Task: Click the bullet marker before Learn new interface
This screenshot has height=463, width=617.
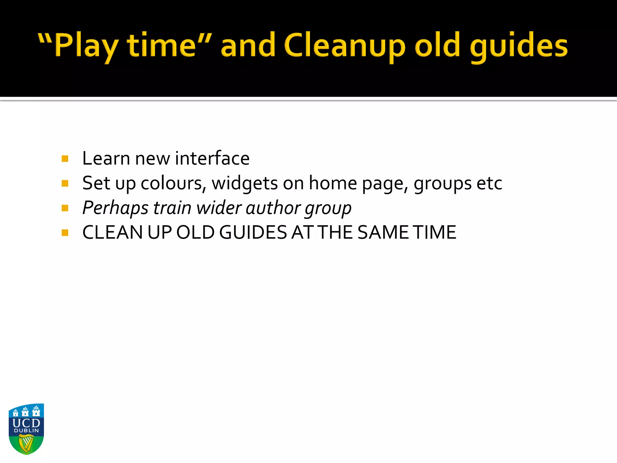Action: [x=65, y=159]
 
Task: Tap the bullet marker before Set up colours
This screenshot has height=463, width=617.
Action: [x=65, y=183]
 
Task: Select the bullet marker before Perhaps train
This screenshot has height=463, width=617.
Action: [x=65, y=208]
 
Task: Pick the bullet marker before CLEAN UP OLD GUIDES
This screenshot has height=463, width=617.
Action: [x=65, y=232]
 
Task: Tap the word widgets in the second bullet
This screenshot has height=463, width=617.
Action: [x=245, y=183]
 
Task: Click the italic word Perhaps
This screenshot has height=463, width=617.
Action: [x=115, y=208]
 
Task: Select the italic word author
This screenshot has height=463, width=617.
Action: [x=273, y=208]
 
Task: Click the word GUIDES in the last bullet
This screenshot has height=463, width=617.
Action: [x=253, y=232]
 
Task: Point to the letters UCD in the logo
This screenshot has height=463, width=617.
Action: [x=26, y=423]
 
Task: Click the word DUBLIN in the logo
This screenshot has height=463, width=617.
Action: [x=26, y=430]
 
